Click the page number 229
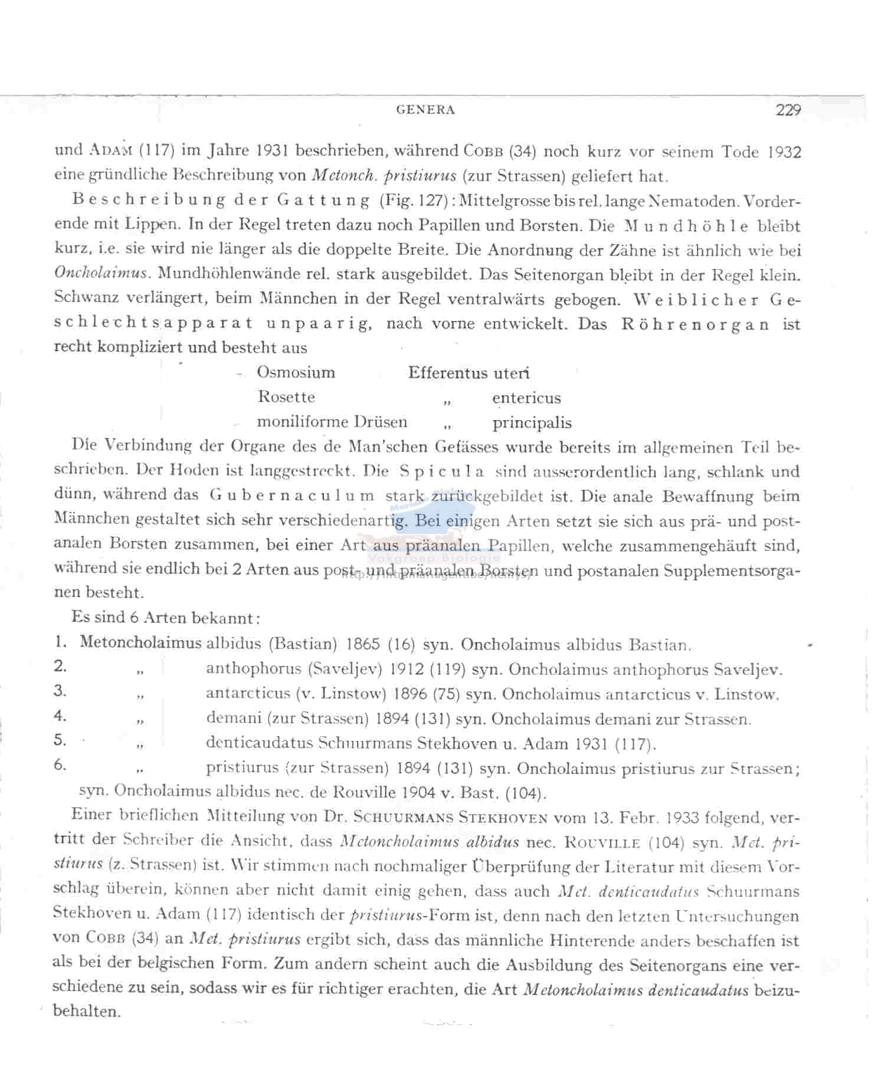tap(788, 110)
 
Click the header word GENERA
tap(425, 110)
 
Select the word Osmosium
tap(296, 372)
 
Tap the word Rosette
tap(286, 397)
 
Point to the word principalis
tap(532, 423)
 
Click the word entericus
tap(526, 398)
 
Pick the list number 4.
tap(60, 716)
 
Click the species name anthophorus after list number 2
tap(254, 670)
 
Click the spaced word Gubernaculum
tap(291, 496)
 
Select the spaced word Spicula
tap(442, 472)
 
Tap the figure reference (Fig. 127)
tap(412, 201)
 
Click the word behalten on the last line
tap(86, 1012)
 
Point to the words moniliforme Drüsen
tap(332, 422)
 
